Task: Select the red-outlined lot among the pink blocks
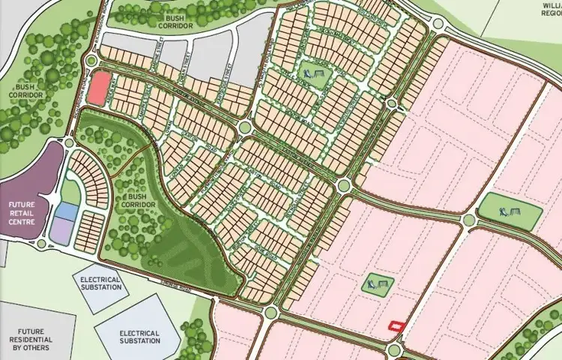[396, 325]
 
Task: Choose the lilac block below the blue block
[61, 232]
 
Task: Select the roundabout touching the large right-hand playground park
[469, 220]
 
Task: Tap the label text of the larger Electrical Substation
[139, 337]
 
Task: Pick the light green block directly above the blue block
[70, 192]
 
